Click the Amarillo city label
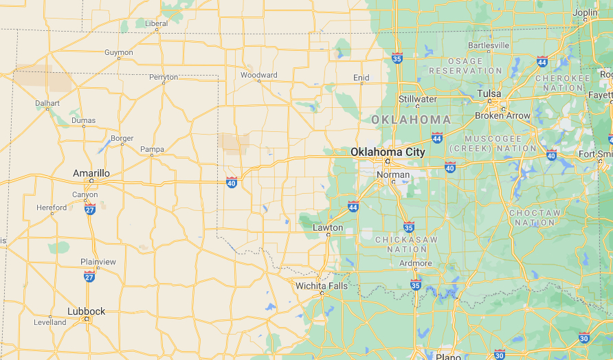tap(91, 174)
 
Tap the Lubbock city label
tap(87, 311)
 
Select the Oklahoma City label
tap(388, 152)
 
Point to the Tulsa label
tap(489, 93)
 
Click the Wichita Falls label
tap(322, 286)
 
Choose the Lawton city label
tap(327, 227)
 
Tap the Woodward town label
tap(259, 75)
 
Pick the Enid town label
tap(361, 78)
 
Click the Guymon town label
tap(119, 52)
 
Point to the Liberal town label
tap(156, 23)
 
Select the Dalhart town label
tap(47, 103)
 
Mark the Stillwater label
tap(418, 99)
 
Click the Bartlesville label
tap(489, 45)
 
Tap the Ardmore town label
tap(416, 263)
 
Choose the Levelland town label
tap(50, 322)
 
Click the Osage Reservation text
tap(466, 66)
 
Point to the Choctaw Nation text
tap(535, 218)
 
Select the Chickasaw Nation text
tap(407, 244)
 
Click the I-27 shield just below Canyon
tap(90, 209)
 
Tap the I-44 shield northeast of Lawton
tap(353, 206)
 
